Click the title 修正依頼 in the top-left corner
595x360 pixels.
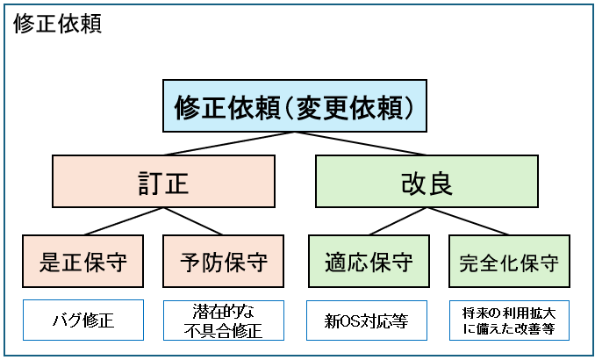58,23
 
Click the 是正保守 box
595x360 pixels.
83,261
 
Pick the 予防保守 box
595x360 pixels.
224,261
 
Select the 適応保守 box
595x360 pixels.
368,261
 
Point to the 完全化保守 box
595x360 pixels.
509,261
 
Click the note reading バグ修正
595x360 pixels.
82,321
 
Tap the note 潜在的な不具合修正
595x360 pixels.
224,321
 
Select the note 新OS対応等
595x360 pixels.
368,321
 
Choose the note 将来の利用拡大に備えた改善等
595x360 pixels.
509,321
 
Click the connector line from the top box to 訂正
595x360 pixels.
228,144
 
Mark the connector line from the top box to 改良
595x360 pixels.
360,144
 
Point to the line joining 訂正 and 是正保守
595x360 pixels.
123,222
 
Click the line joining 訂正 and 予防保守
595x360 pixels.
193,222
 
